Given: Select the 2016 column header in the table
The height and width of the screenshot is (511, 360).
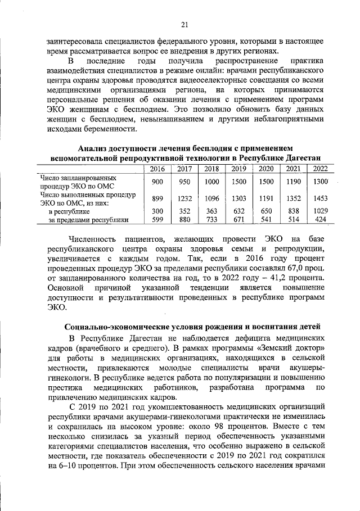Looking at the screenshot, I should tap(157, 169).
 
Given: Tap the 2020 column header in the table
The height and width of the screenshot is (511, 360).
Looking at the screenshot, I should tap(266, 169).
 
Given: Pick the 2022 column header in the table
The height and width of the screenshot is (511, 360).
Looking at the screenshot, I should tap(320, 169).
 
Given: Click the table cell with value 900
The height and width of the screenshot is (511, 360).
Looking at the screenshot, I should tap(157, 182).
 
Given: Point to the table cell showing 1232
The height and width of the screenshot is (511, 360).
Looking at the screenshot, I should tap(184, 198).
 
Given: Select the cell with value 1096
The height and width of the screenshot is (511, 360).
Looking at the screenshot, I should tap(211, 198).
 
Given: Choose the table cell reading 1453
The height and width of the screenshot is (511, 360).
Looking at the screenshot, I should tap(320, 198).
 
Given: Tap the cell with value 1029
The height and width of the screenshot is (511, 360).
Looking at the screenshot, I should tap(320, 211).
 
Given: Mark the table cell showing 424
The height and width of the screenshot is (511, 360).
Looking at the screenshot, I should tap(320, 220).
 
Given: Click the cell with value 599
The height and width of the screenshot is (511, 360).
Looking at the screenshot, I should tap(157, 220).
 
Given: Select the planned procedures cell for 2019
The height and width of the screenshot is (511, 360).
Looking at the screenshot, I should tap(238, 182).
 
